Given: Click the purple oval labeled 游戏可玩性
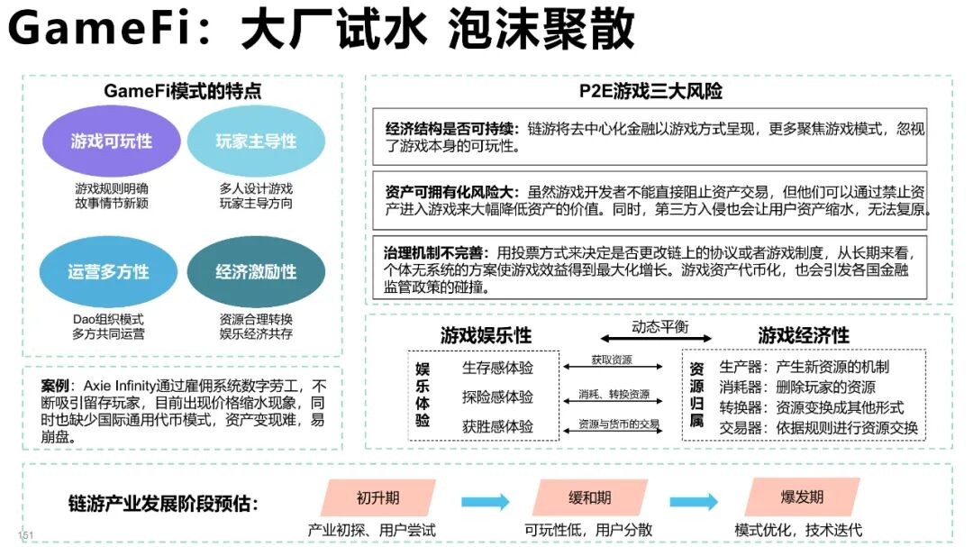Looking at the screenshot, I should pyautogui.click(x=112, y=141).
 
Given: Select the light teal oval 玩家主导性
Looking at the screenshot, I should pyautogui.click(x=256, y=141).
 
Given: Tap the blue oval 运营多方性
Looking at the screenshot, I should pyautogui.click(x=108, y=271).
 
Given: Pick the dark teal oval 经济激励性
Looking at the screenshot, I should pyautogui.click(x=256, y=271).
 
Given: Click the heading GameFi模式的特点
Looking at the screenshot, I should pyautogui.click(x=183, y=91).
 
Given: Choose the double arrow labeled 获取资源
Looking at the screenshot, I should pyautogui.click(x=613, y=368).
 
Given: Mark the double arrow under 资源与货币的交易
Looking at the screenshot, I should pyautogui.click(x=613, y=433).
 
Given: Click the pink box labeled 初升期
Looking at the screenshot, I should pyautogui.click(x=377, y=497).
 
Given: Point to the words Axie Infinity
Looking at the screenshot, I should pyautogui.click(x=131, y=386).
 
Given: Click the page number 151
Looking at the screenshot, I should pyautogui.click(x=26, y=535).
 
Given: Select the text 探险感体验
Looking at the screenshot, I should pyautogui.click(x=497, y=397).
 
